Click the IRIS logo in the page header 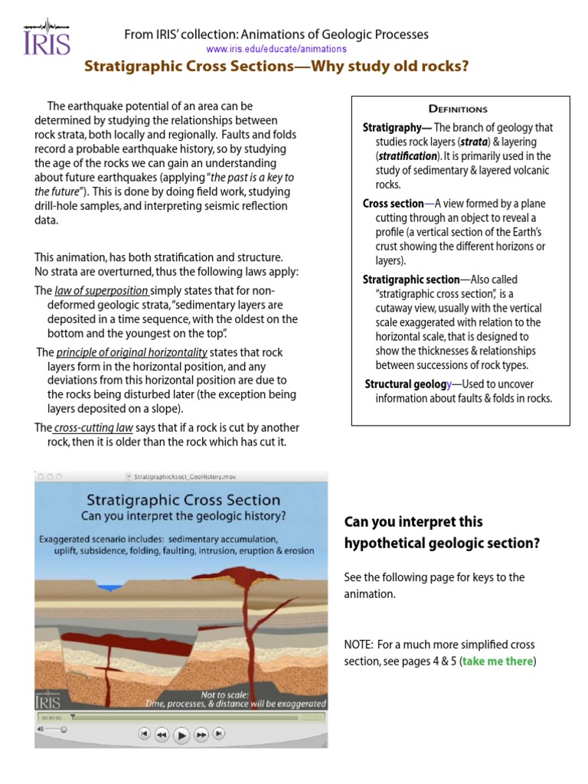pos(47,36)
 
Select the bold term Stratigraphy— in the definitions pos(397,128)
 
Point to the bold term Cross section pos(393,204)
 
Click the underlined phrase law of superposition pos(101,291)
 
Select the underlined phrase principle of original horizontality pos(132,352)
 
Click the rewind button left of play pos(162,734)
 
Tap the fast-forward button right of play pos(201,734)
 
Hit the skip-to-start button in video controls pos(144,733)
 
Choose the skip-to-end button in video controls pos(219,733)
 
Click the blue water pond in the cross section pos(113,588)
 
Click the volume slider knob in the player pos(63,729)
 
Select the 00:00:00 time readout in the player pos(50,717)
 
